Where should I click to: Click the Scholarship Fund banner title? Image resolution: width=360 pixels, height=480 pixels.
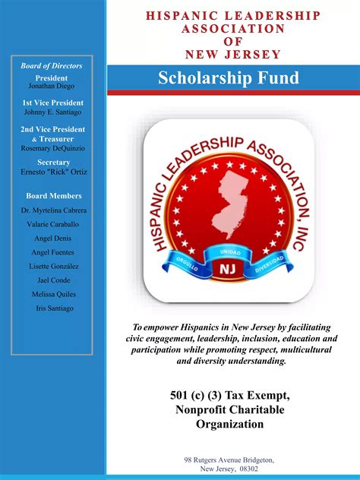point(229,77)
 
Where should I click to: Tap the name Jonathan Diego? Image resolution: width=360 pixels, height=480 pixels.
point(52,87)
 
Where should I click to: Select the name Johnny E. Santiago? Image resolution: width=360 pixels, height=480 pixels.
point(52,112)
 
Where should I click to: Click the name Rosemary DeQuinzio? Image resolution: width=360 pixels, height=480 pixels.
point(52,147)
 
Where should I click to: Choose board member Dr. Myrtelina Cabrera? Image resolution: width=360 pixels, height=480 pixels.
point(53,210)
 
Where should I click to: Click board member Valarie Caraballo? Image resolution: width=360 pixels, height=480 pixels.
point(52,224)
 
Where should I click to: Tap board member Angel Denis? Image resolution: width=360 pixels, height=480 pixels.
point(52,238)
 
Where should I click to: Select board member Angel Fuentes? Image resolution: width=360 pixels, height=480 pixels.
point(52,252)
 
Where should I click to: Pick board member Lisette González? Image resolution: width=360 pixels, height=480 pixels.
point(52,267)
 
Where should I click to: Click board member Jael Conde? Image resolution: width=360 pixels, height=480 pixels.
point(52,280)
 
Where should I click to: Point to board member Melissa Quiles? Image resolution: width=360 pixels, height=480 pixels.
point(52,294)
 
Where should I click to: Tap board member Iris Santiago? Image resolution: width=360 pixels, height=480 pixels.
point(52,308)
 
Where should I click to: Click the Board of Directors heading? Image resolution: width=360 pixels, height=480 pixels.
point(52,66)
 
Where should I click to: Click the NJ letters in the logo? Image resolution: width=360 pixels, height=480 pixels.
point(228,270)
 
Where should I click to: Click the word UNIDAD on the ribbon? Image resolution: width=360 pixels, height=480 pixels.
point(229,252)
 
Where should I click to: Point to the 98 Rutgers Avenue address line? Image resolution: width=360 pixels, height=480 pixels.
point(229,460)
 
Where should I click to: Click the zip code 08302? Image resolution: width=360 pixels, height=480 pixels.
point(249,469)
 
